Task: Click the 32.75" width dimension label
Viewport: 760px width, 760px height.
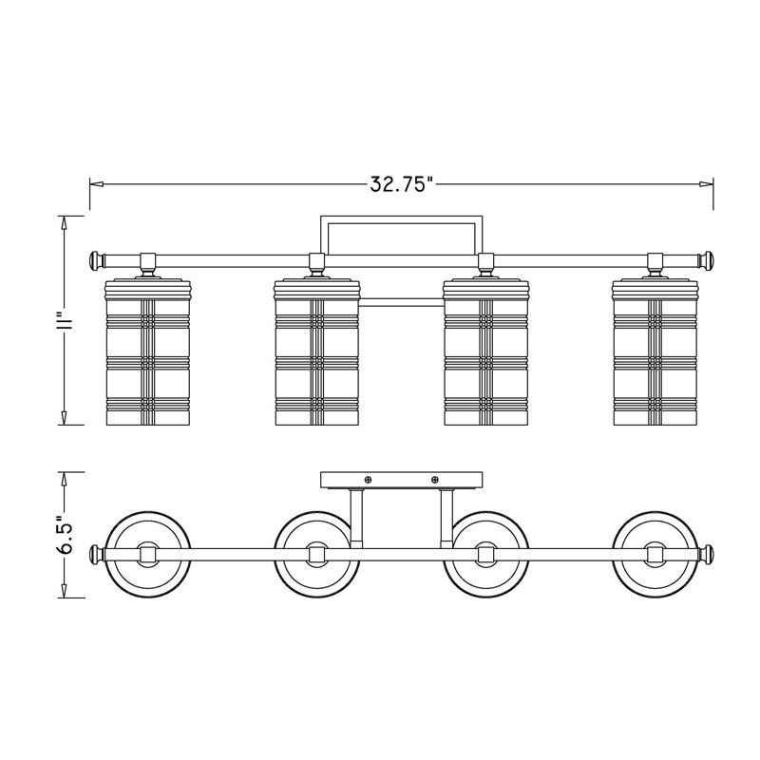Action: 401,184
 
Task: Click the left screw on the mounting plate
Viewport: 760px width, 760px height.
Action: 368,480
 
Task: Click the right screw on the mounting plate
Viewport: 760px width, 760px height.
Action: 435,480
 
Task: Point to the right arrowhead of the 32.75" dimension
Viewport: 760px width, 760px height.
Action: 707,184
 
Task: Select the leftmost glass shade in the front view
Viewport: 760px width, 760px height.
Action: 147,352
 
